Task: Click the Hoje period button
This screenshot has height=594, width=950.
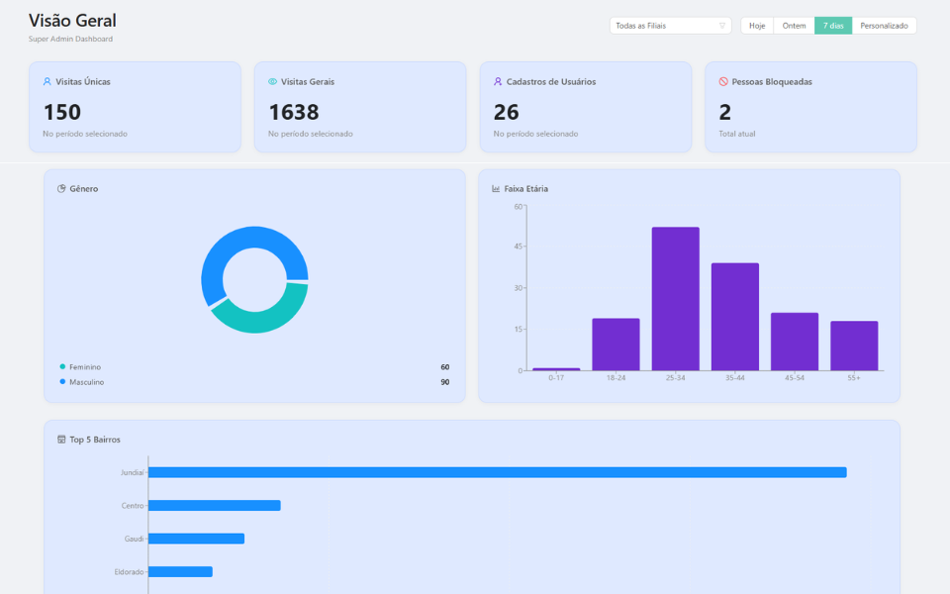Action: pyautogui.click(x=757, y=26)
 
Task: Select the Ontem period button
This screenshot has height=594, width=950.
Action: pyautogui.click(x=794, y=26)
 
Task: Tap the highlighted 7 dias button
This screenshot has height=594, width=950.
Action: pyautogui.click(x=833, y=26)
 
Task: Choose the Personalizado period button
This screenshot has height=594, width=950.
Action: pyautogui.click(x=884, y=26)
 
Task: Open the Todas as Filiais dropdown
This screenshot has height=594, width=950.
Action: pyautogui.click(x=670, y=26)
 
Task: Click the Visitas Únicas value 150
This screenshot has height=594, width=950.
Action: pyautogui.click(x=62, y=112)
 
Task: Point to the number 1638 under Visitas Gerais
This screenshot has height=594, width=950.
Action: pyautogui.click(x=294, y=112)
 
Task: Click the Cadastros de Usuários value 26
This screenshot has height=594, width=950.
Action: pyautogui.click(x=506, y=112)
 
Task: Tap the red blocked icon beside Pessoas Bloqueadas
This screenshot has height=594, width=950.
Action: pyautogui.click(x=723, y=82)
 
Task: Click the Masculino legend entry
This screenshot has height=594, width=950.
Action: pyautogui.click(x=86, y=382)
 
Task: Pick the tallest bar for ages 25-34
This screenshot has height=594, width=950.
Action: pyautogui.click(x=675, y=298)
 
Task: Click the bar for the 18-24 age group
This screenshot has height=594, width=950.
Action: pyautogui.click(x=616, y=344)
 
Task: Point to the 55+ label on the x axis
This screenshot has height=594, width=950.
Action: pyautogui.click(x=853, y=378)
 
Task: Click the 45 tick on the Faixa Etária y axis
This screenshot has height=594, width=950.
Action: pyautogui.click(x=518, y=247)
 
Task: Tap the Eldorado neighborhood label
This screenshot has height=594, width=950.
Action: pyautogui.click(x=129, y=572)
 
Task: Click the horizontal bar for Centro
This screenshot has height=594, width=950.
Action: pyautogui.click(x=214, y=506)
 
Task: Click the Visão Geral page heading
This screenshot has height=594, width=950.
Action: pyautogui.click(x=72, y=21)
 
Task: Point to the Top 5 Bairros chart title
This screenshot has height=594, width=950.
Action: pyautogui.click(x=95, y=440)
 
